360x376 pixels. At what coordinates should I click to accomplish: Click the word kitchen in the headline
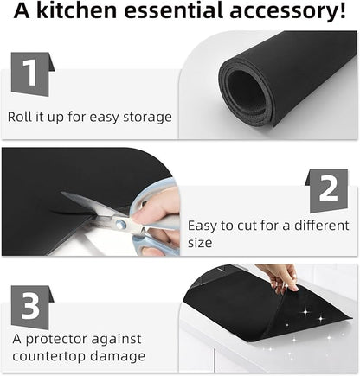(x=76, y=10)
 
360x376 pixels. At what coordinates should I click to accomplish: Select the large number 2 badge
(x=326, y=190)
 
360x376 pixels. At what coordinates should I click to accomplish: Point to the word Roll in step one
(x=19, y=117)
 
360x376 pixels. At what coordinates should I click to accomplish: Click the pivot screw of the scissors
(x=120, y=223)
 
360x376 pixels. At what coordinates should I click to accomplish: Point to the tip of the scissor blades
(x=62, y=193)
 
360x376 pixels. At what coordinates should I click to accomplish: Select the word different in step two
(x=321, y=226)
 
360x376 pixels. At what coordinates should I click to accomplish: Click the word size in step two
(x=200, y=243)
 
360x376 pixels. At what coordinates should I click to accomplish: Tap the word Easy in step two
(x=202, y=226)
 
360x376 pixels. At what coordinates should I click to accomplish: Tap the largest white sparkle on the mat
(x=305, y=312)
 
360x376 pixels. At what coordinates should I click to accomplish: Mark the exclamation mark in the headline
(x=342, y=10)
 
